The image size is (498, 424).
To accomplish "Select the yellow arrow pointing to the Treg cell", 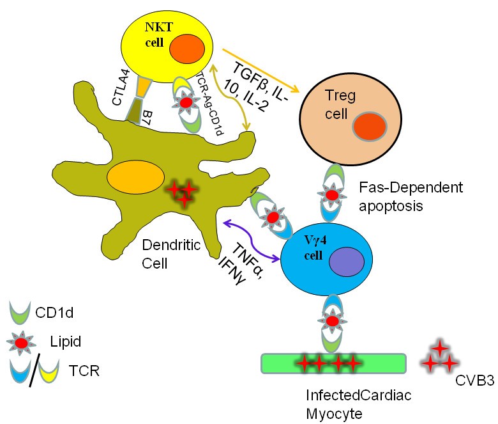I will (x=262, y=71).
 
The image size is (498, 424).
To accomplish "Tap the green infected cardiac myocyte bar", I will (x=333, y=363).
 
